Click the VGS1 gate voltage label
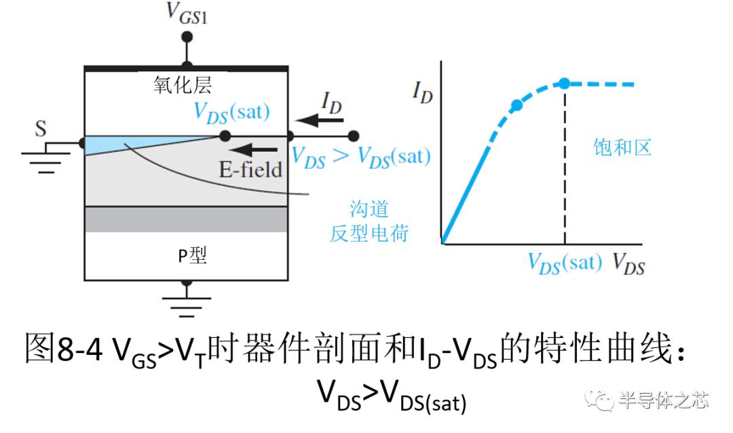[x=187, y=14]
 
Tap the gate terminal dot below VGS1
[x=187, y=37]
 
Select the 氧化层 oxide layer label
[x=183, y=85]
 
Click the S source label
[x=41, y=128]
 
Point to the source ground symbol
[x=46, y=158]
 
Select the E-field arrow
[x=253, y=150]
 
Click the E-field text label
[x=250, y=170]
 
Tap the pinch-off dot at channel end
[x=225, y=136]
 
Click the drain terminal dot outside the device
[x=354, y=136]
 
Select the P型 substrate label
[x=192, y=255]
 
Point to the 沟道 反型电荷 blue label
[x=369, y=221]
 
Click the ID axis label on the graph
[x=423, y=92]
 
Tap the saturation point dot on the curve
[x=565, y=83]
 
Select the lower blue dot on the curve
[x=516, y=105]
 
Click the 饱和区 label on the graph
[x=622, y=147]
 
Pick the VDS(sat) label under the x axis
[x=565, y=263]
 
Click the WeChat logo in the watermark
[x=599, y=400]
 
